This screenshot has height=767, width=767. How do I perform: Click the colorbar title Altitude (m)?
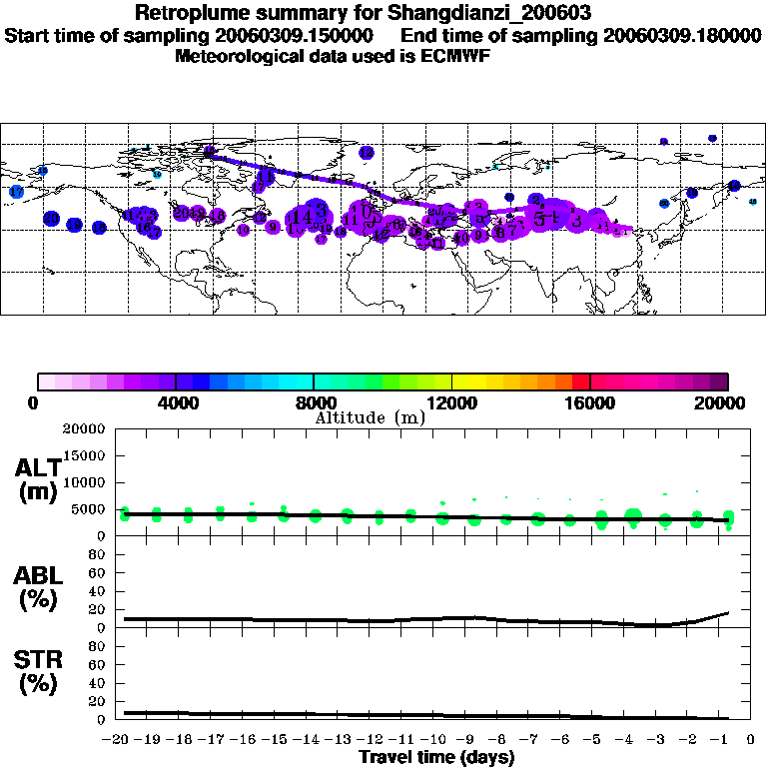[370, 417]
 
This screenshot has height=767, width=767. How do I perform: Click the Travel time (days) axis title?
[437, 758]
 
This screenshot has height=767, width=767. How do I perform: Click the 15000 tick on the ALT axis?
[88, 455]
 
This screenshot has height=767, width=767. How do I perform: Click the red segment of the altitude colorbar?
[580, 382]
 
